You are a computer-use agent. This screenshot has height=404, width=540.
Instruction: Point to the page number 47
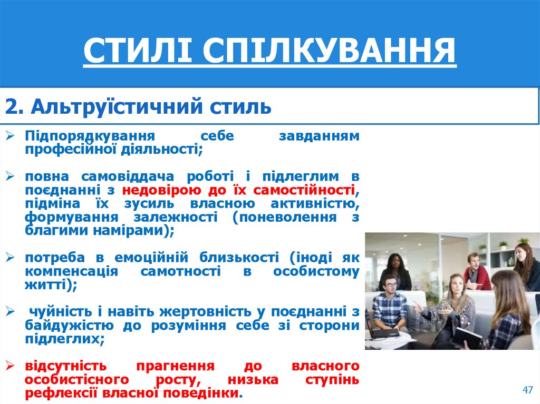pos(527,390)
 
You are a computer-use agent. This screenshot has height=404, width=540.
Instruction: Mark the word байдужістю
pos(65,326)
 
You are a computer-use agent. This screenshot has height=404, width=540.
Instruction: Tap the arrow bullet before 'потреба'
pos(11,258)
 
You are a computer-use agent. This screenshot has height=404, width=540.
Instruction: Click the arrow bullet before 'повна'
pos(11,176)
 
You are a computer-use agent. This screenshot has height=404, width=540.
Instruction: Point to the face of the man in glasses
pos(390,285)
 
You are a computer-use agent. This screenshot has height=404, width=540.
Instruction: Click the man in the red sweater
pos(477,273)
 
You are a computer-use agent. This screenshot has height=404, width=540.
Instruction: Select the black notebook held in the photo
pos(466,337)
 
